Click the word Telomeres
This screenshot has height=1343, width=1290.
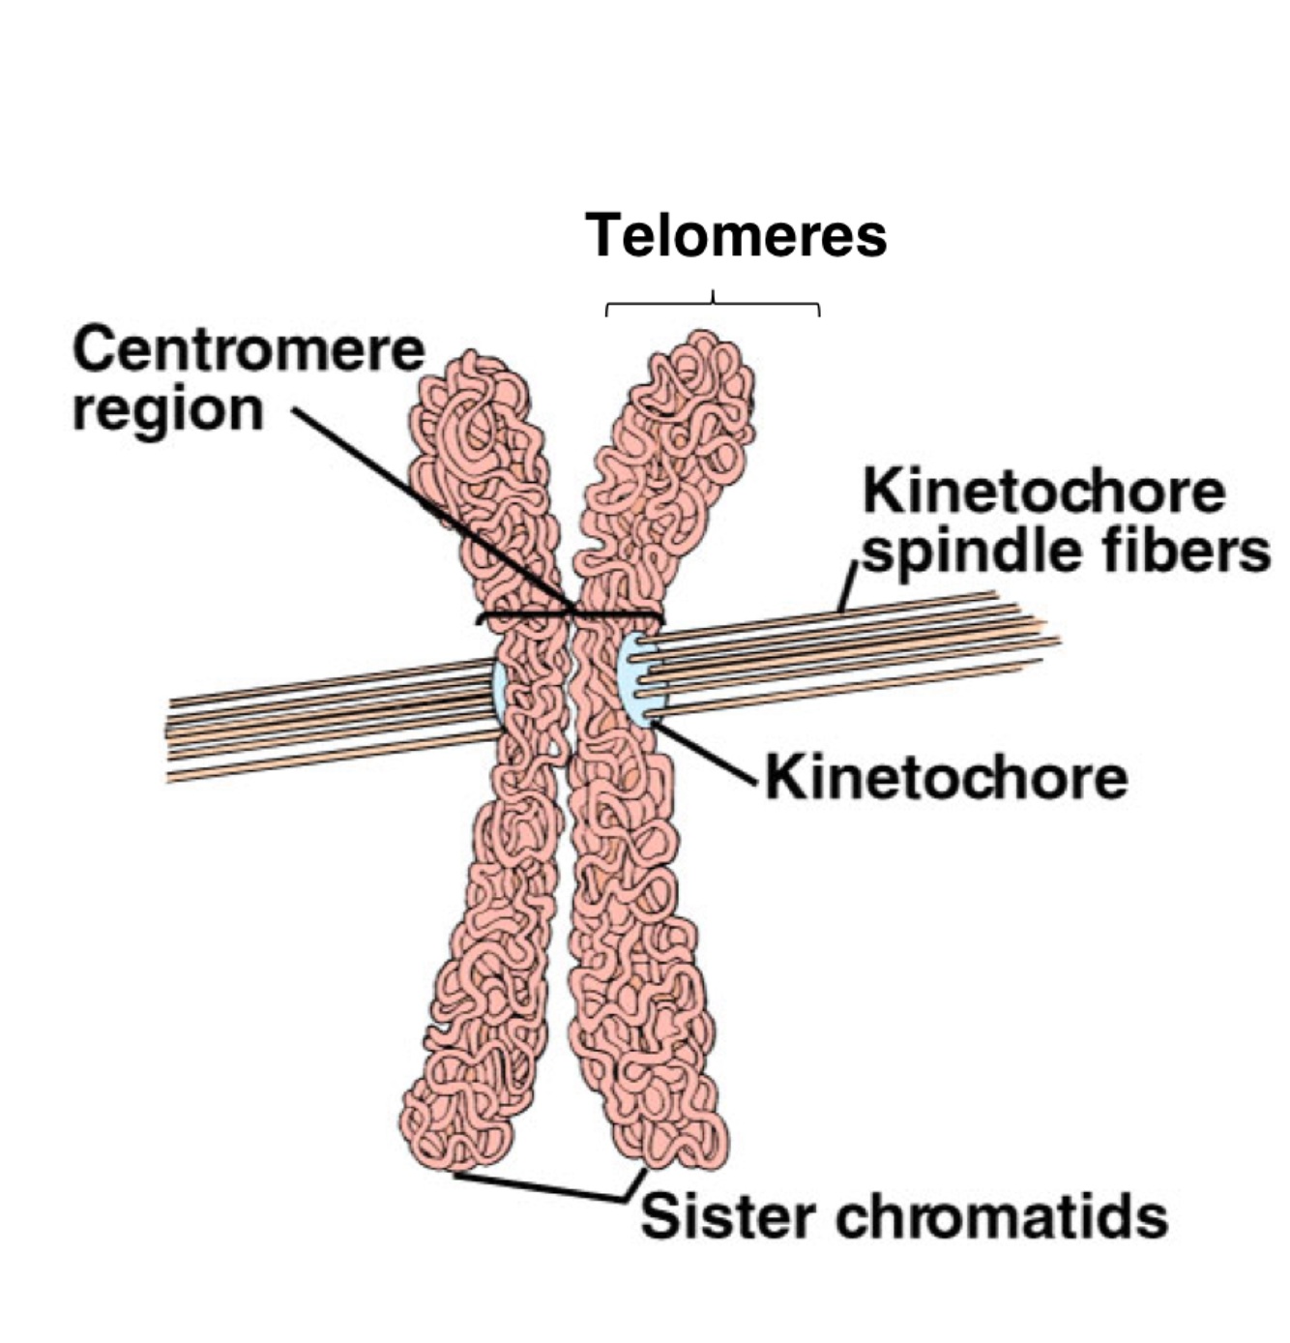click(x=735, y=236)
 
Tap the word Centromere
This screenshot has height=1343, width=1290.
click(x=249, y=350)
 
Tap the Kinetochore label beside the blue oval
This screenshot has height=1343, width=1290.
click(x=946, y=777)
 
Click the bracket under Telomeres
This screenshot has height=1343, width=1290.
click(x=713, y=306)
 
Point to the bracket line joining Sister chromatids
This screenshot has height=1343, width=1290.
click(x=542, y=1187)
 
